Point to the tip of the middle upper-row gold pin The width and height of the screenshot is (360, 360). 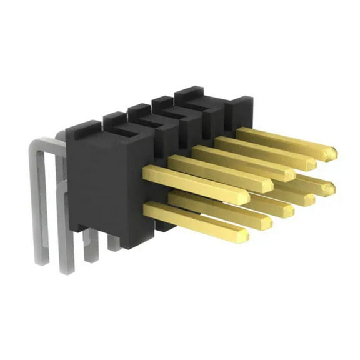pos(294,175)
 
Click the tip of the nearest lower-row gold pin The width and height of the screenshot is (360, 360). pos(246,236)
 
